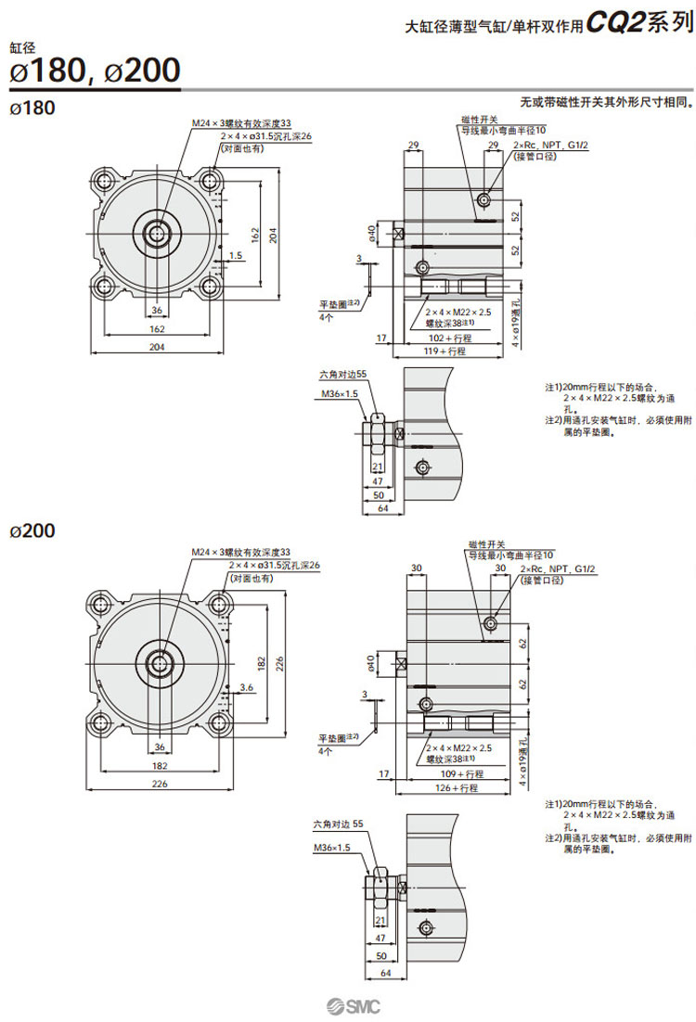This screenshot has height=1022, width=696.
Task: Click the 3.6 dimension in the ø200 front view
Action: (247, 686)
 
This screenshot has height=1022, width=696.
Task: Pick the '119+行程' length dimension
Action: (445, 352)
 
